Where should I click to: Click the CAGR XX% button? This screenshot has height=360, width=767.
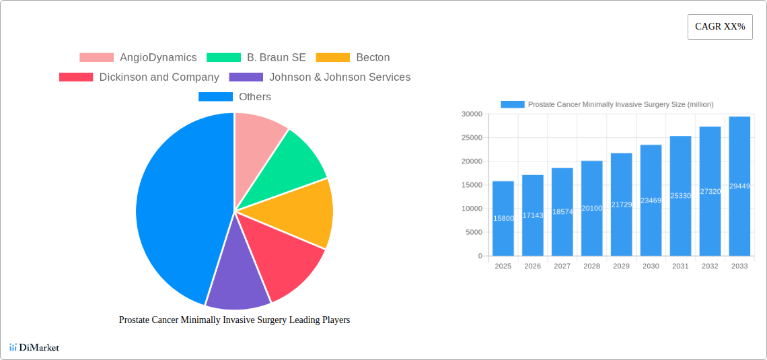720,27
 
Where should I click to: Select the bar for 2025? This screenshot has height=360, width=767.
503,219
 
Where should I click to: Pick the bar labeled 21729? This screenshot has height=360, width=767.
621,205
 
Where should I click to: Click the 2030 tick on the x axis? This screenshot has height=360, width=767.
651,266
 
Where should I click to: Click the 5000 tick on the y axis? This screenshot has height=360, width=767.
473,232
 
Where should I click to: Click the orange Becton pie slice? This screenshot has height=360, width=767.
303,212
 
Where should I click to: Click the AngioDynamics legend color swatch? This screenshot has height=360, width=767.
96,58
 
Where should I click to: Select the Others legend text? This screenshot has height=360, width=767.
255,97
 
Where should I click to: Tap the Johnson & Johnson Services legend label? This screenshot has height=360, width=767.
340,77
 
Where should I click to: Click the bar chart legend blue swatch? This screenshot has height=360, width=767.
512,104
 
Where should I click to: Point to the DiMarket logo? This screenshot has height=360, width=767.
34,347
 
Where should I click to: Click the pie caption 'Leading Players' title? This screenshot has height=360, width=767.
234,320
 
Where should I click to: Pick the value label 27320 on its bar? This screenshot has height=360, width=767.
710,191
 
